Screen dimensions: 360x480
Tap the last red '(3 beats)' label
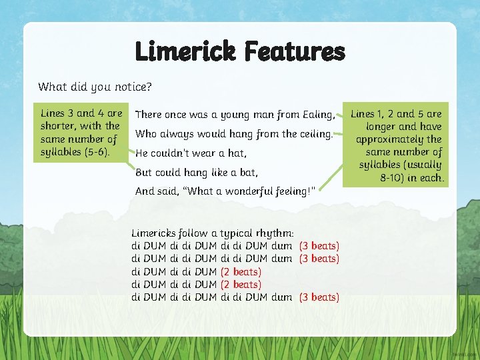(319, 297)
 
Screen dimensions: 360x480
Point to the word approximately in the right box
(390, 139)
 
